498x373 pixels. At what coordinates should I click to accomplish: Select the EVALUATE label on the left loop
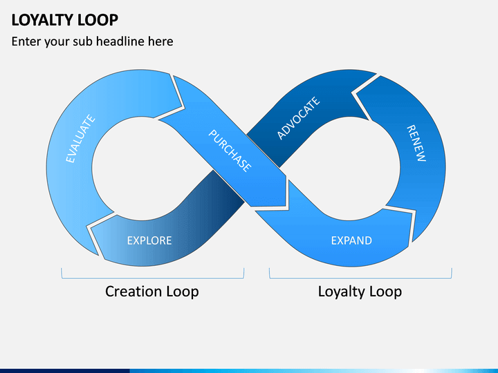tap(80, 139)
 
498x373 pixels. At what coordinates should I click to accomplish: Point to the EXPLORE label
tap(149, 240)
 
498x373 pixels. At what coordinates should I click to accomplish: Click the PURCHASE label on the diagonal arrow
tap(230, 151)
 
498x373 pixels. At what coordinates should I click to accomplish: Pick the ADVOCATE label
tap(298, 118)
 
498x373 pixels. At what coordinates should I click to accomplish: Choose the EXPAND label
tap(351, 240)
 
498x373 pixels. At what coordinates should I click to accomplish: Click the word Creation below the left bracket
tap(133, 291)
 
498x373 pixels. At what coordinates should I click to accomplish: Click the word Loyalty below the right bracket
tap(340, 292)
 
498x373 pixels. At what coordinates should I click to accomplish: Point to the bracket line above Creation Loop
tap(152, 278)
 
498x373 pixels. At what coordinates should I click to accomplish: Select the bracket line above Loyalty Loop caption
tap(360, 278)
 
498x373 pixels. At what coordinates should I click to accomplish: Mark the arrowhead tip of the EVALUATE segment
tap(184, 108)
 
